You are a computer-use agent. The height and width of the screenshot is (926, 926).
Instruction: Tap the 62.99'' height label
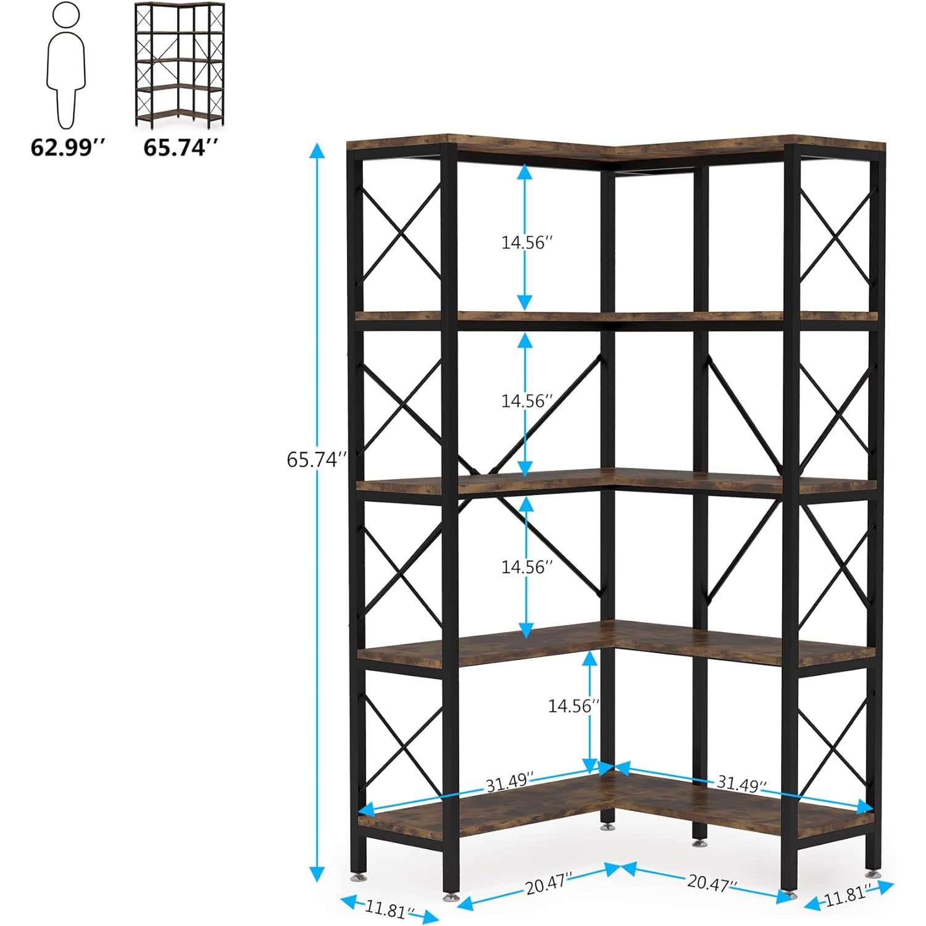(69, 148)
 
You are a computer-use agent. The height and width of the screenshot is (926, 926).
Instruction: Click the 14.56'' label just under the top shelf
(524, 243)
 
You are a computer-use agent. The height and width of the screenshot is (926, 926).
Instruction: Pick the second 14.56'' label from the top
(524, 401)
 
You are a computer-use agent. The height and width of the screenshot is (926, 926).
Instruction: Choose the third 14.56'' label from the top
(524, 567)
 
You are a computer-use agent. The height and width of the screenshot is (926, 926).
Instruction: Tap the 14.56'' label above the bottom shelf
(572, 706)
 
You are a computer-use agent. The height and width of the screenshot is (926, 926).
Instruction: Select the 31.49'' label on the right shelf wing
(741, 784)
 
